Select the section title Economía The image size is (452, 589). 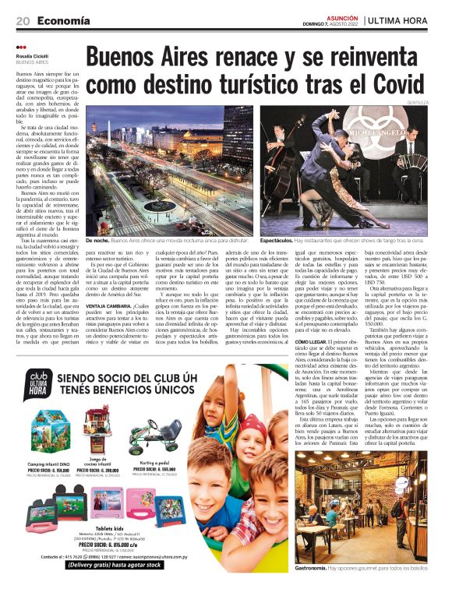[62, 20]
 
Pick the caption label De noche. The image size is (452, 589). [97, 242]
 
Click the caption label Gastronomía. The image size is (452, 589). [316, 568]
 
